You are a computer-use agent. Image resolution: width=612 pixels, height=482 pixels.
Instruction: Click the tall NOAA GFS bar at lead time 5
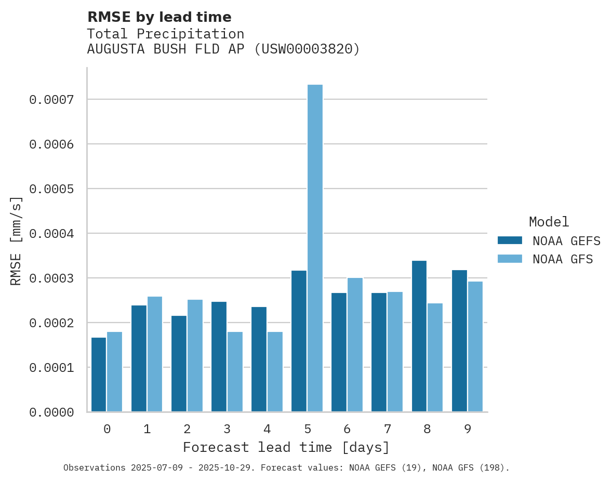point(315,248)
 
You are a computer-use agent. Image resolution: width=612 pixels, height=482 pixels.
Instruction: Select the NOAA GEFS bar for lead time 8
point(419,336)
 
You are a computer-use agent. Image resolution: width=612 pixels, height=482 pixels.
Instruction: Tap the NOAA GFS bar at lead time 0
point(114,372)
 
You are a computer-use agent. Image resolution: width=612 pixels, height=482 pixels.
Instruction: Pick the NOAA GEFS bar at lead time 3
point(219,357)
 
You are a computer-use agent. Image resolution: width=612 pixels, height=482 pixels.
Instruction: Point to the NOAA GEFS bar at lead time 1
point(139,358)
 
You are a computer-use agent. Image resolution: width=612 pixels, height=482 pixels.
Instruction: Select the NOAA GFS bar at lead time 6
point(355,345)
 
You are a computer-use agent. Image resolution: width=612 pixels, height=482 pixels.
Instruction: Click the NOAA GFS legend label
point(563,259)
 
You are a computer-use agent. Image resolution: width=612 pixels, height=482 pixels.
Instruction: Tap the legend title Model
point(549,222)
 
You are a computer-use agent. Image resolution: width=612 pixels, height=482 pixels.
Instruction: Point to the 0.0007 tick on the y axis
point(51,99)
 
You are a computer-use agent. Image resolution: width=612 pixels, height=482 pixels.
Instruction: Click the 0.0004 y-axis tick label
point(51,234)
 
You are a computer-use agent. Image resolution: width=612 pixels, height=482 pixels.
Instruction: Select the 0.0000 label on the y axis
point(51,412)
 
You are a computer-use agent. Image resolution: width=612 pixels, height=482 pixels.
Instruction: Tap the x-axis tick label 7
point(387,429)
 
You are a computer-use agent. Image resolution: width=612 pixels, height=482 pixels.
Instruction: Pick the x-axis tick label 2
point(187,429)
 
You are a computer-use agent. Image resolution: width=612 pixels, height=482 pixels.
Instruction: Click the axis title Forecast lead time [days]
point(286,447)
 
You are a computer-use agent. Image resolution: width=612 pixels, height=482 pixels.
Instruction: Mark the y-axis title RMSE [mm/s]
point(16,240)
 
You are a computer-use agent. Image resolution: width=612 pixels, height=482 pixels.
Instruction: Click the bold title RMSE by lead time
point(159,17)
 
